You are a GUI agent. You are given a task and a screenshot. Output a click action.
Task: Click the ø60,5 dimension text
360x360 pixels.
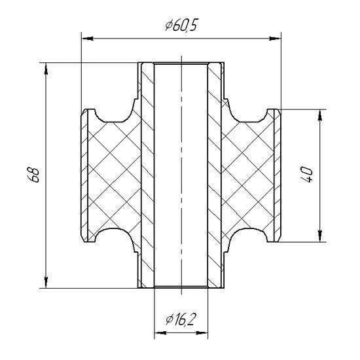point(181,26)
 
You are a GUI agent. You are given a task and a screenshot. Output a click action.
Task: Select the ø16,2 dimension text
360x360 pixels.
point(181,319)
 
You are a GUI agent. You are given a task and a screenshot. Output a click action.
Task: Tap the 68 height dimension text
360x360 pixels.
point(33,175)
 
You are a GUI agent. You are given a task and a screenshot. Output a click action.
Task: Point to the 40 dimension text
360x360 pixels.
point(306,175)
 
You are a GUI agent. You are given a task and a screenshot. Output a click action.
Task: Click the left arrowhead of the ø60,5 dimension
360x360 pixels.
point(87,39)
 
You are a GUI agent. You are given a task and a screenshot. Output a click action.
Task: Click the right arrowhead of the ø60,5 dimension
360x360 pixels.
point(275,39)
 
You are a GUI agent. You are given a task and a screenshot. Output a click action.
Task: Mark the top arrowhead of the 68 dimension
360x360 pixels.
point(46,69)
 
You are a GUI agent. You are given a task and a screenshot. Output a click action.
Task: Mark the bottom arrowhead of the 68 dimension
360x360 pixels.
point(46,282)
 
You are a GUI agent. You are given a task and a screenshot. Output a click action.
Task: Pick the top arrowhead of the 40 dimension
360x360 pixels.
point(319,115)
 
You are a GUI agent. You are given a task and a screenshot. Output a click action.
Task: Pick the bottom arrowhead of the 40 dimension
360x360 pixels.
point(319,236)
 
